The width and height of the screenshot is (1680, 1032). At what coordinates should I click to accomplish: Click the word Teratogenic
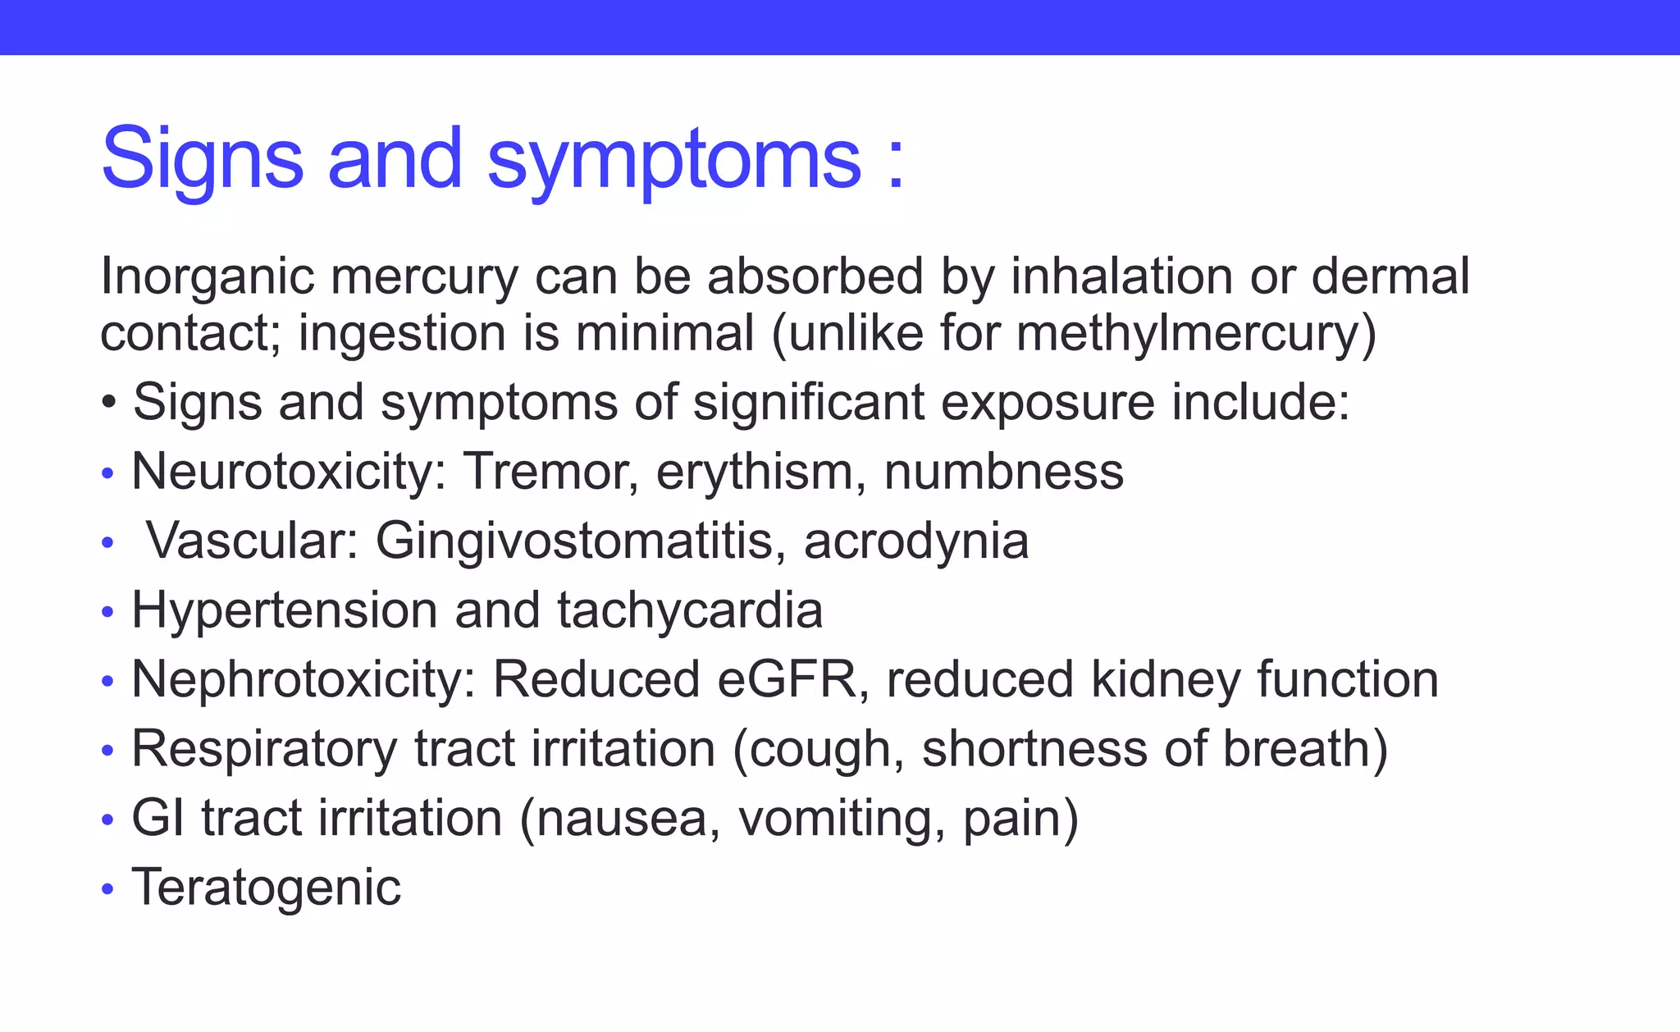[x=266, y=888]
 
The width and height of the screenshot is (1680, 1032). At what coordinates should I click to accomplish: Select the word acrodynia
[x=915, y=542]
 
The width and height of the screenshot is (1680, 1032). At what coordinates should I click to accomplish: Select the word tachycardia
[x=689, y=611]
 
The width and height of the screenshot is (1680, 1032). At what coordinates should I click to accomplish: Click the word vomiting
[x=841, y=819]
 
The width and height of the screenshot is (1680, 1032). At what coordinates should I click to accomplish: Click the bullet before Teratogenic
[x=107, y=889]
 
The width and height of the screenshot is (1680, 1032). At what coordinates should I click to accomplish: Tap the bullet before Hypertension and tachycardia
[x=107, y=613]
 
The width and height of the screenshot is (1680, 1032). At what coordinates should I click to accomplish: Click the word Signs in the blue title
[x=202, y=159]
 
